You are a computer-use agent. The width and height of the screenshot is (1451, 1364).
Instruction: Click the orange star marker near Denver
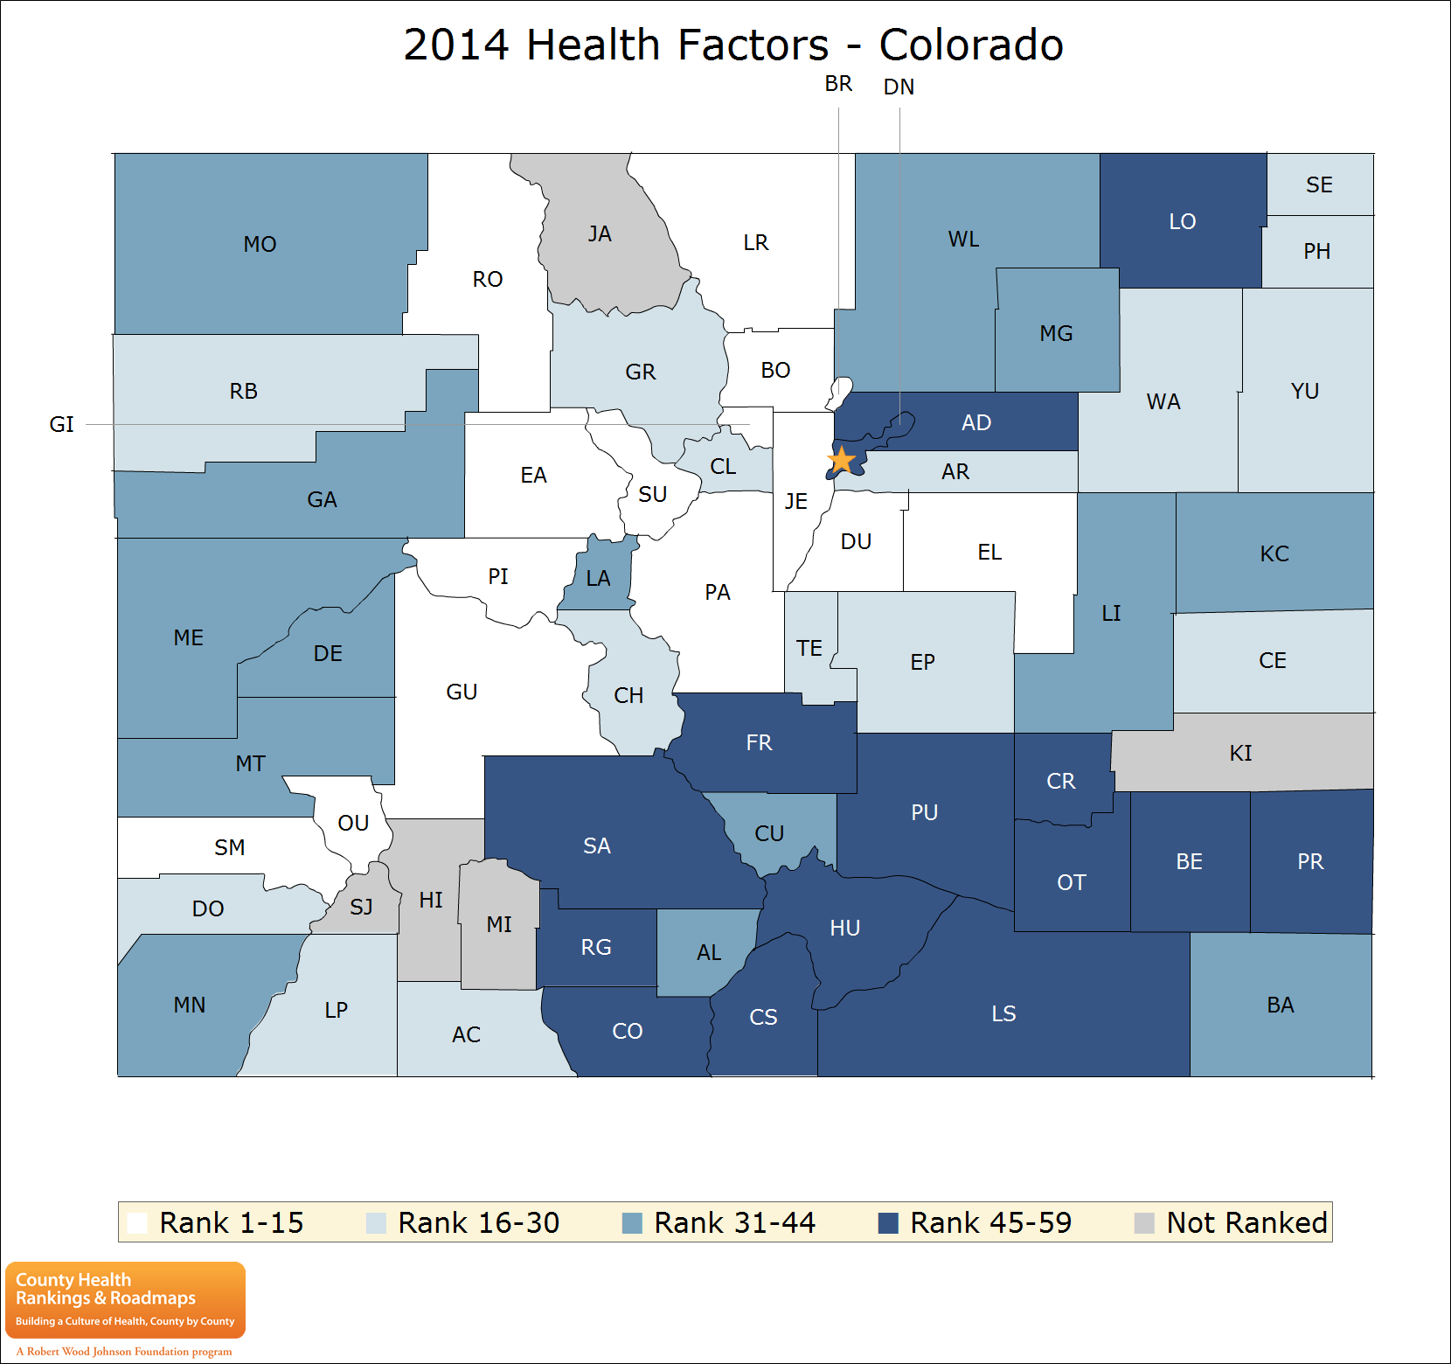coord(841,460)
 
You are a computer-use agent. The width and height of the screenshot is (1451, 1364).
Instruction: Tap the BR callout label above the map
coord(838,84)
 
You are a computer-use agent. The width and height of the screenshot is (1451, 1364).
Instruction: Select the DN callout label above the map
coord(899,87)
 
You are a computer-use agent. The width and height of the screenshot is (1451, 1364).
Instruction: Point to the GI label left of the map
coord(61,425)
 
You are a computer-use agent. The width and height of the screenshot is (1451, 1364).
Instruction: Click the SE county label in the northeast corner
coord(1319,185)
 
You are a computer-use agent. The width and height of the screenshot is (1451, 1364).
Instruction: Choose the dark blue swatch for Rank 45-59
coord(888,1222)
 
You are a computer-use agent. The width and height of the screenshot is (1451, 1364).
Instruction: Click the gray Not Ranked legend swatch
coord(1144,1222)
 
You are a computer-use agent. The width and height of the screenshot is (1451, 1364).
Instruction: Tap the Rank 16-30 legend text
coord(478,1222)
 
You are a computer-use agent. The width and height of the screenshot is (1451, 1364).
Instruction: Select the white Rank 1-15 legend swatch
coord(137,1222)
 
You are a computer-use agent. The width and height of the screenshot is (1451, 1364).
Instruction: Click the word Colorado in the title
coord(970,45)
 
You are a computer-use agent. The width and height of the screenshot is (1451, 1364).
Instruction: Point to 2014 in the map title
coord(455,45)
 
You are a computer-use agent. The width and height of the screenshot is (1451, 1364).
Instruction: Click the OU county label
coord(353,824)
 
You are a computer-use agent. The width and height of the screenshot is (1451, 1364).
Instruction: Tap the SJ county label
coord(361,908)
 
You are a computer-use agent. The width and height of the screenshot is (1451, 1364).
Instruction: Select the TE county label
coord(809,649)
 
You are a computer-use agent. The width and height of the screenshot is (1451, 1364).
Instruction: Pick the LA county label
coord(598,579)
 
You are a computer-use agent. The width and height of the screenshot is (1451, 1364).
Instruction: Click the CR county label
coord(1061,782)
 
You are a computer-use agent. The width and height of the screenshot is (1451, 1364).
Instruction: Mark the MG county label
coord(1056,334)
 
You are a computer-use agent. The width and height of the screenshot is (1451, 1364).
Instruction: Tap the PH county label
coord(1316,252)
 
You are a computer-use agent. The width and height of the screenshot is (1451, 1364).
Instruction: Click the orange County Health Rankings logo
coord(125,1299)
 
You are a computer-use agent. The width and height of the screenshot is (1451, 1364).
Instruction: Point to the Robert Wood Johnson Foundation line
coord(124,1351)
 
